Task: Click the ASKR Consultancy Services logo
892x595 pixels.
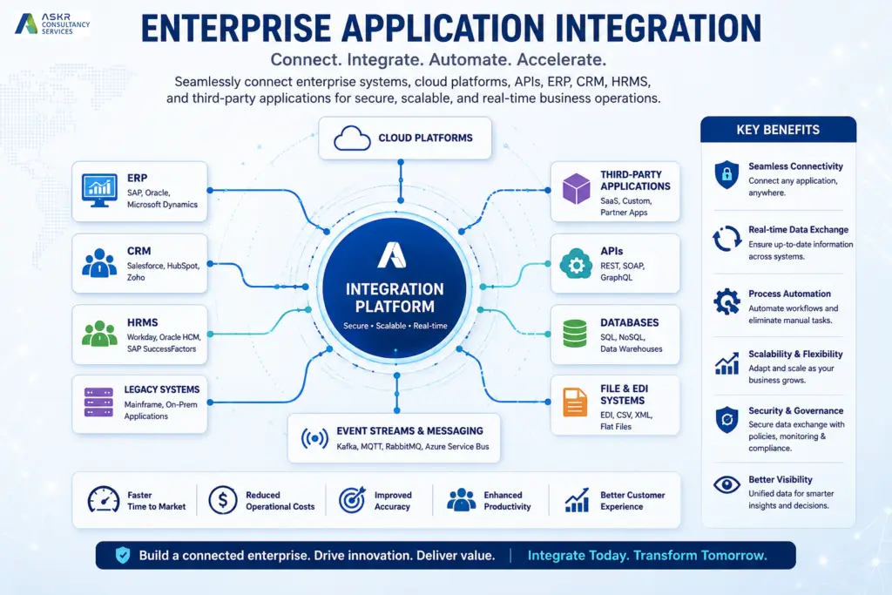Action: (52, 24)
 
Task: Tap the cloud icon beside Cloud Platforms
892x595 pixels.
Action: (352, 139)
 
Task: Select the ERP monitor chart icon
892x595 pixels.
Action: (99, 191)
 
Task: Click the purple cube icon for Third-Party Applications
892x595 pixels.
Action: (577, 188)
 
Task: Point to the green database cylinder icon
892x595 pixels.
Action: (575, 334)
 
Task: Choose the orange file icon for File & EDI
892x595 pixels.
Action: (575, 402)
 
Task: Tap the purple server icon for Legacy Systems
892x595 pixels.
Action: (98, 402)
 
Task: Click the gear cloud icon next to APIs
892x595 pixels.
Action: (576, 263)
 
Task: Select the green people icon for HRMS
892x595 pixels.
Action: (99, 334)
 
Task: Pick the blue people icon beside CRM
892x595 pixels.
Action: (99, 263)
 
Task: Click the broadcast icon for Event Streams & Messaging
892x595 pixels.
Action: (314, 438)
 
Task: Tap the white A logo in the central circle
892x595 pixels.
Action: (392, 255)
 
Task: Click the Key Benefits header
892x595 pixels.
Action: (778, 130)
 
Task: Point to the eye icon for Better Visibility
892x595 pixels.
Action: (727, 484)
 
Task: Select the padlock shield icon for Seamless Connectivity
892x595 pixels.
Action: (726, 174)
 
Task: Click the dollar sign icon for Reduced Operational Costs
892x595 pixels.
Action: (222, 500)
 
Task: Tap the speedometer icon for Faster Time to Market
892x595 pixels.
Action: (104, 499)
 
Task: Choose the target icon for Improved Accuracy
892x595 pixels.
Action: (352, 500)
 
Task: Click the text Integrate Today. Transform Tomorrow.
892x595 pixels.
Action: (647, 555)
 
